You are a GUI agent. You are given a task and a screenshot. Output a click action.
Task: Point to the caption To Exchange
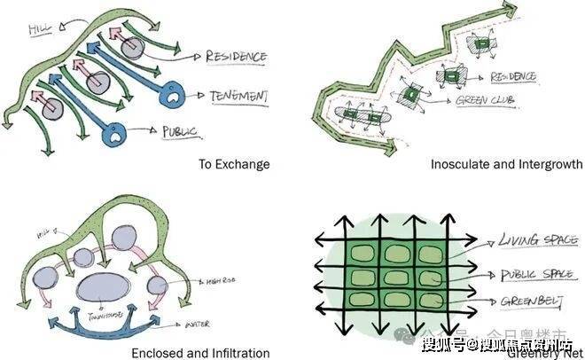234,164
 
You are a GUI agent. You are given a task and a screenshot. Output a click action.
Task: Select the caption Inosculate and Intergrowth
506,164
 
